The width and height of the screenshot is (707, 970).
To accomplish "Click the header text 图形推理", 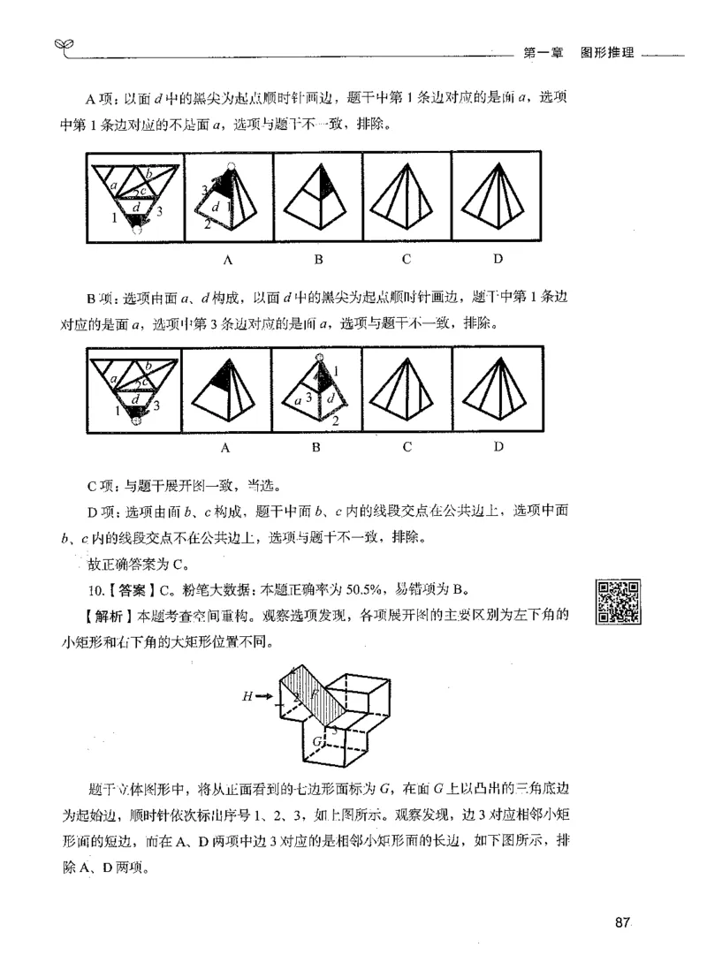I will pos(607,51).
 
